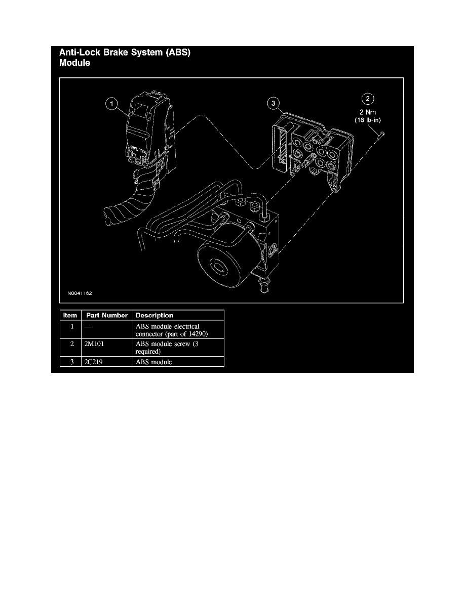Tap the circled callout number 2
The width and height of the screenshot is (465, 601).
tap(368, 99)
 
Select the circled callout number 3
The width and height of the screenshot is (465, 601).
tap(273, 104)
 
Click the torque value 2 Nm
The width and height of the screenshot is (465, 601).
tap(369, 112)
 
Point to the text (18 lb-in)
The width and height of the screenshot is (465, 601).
tap(369, 120)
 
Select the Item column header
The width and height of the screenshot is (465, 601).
tap(70, 315)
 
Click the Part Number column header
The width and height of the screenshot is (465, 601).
tap(106, 315)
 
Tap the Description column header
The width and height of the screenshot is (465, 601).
tap(154, 315)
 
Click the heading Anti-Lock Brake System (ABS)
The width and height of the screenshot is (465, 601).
tap(126, 52)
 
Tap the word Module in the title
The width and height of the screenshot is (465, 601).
tap(75, 64)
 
